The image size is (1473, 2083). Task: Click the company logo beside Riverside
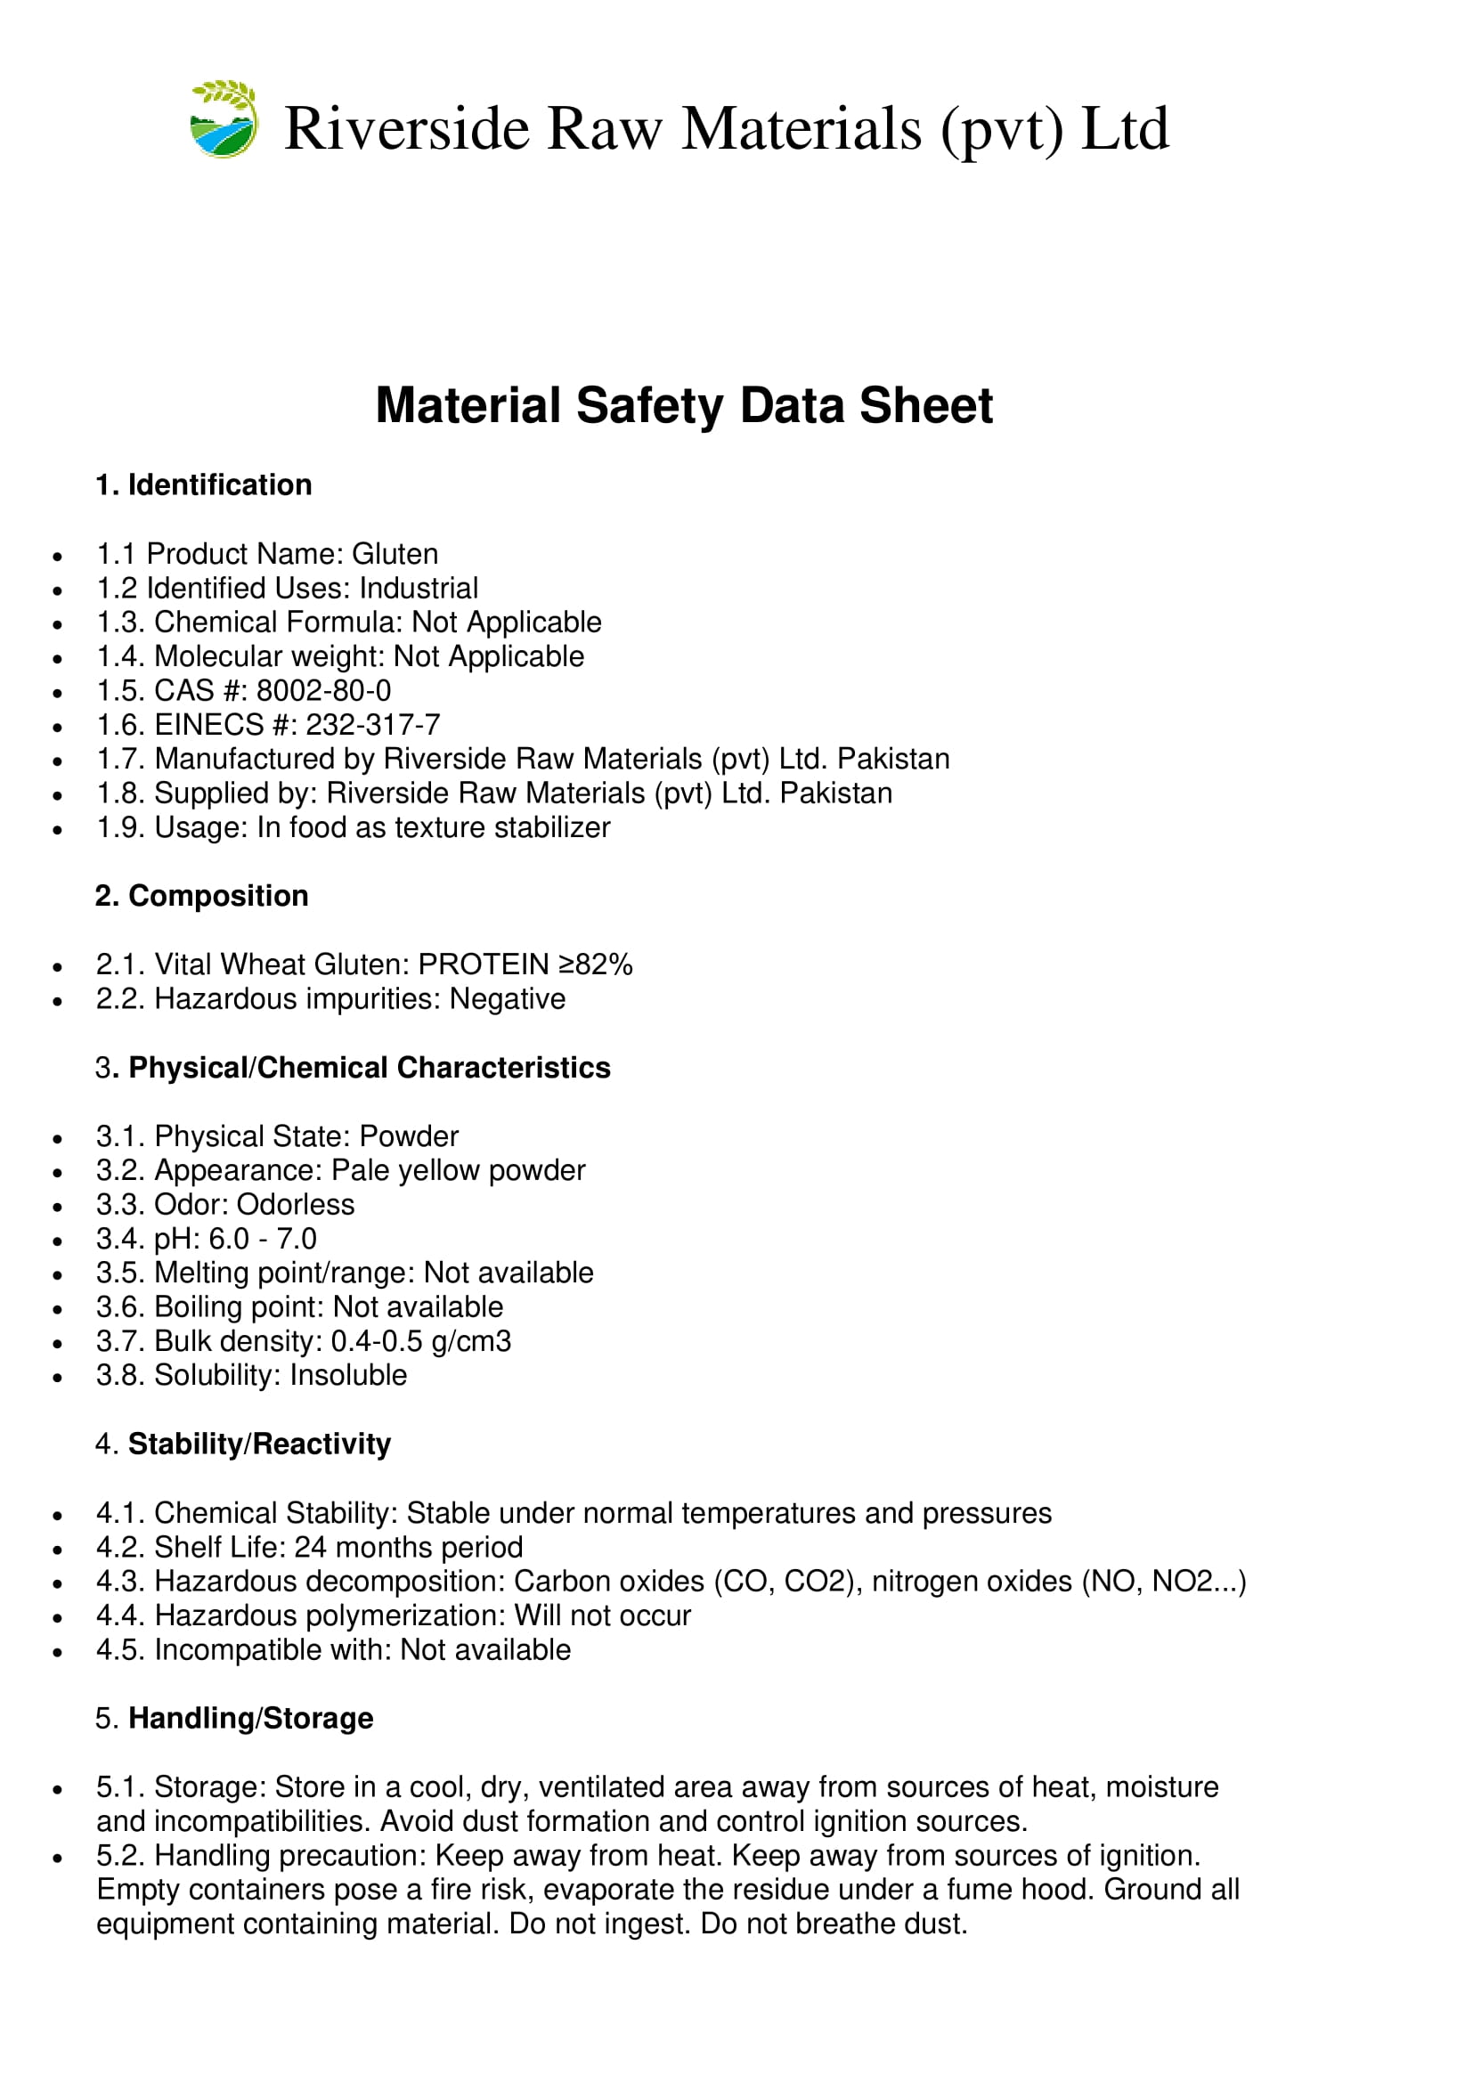click(224, 119)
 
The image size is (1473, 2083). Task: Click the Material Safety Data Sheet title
click(684, 405)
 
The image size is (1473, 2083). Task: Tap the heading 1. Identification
click(203, 485)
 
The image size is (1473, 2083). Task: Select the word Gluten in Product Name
click(395, 554)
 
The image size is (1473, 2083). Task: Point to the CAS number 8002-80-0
click(324, 691)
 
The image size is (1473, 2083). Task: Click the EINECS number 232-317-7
click(373, 725)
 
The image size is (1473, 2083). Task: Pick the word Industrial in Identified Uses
click(419, 589)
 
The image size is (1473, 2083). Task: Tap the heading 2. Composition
click(201, 897)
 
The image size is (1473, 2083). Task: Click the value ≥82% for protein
click(595, 964)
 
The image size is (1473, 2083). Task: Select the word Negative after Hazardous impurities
click(507, 999)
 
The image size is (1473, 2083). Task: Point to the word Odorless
click(296, 1205)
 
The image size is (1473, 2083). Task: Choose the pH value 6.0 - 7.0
click(263, 1240)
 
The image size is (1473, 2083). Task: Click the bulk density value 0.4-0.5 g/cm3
click(421, 1342)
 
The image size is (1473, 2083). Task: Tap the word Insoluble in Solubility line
click(348, 1375)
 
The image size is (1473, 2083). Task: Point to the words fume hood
click(1021, 1890)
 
